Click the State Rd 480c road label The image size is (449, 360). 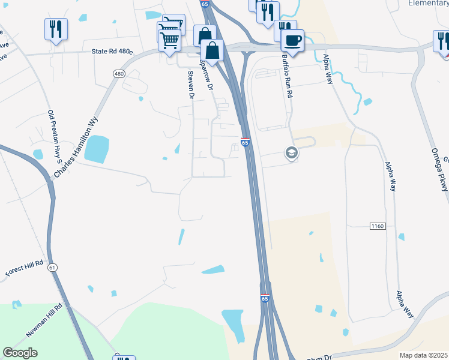point(111,52)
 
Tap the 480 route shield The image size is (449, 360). point(118,73)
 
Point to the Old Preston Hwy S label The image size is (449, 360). point(55,137)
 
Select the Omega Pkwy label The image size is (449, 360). point(440,170)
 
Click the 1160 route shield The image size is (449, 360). point(377,226)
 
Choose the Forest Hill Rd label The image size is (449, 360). point(25,268)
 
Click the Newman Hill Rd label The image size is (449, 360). point(49,321)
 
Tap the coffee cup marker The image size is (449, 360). point(292,40)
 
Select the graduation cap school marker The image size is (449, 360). point(292,154)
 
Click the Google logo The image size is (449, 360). point(20,353)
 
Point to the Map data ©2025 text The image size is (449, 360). point(424,355)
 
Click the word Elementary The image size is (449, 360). point(428,3)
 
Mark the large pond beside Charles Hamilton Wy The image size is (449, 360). point(97,148)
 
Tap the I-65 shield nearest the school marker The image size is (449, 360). point(245,142)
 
